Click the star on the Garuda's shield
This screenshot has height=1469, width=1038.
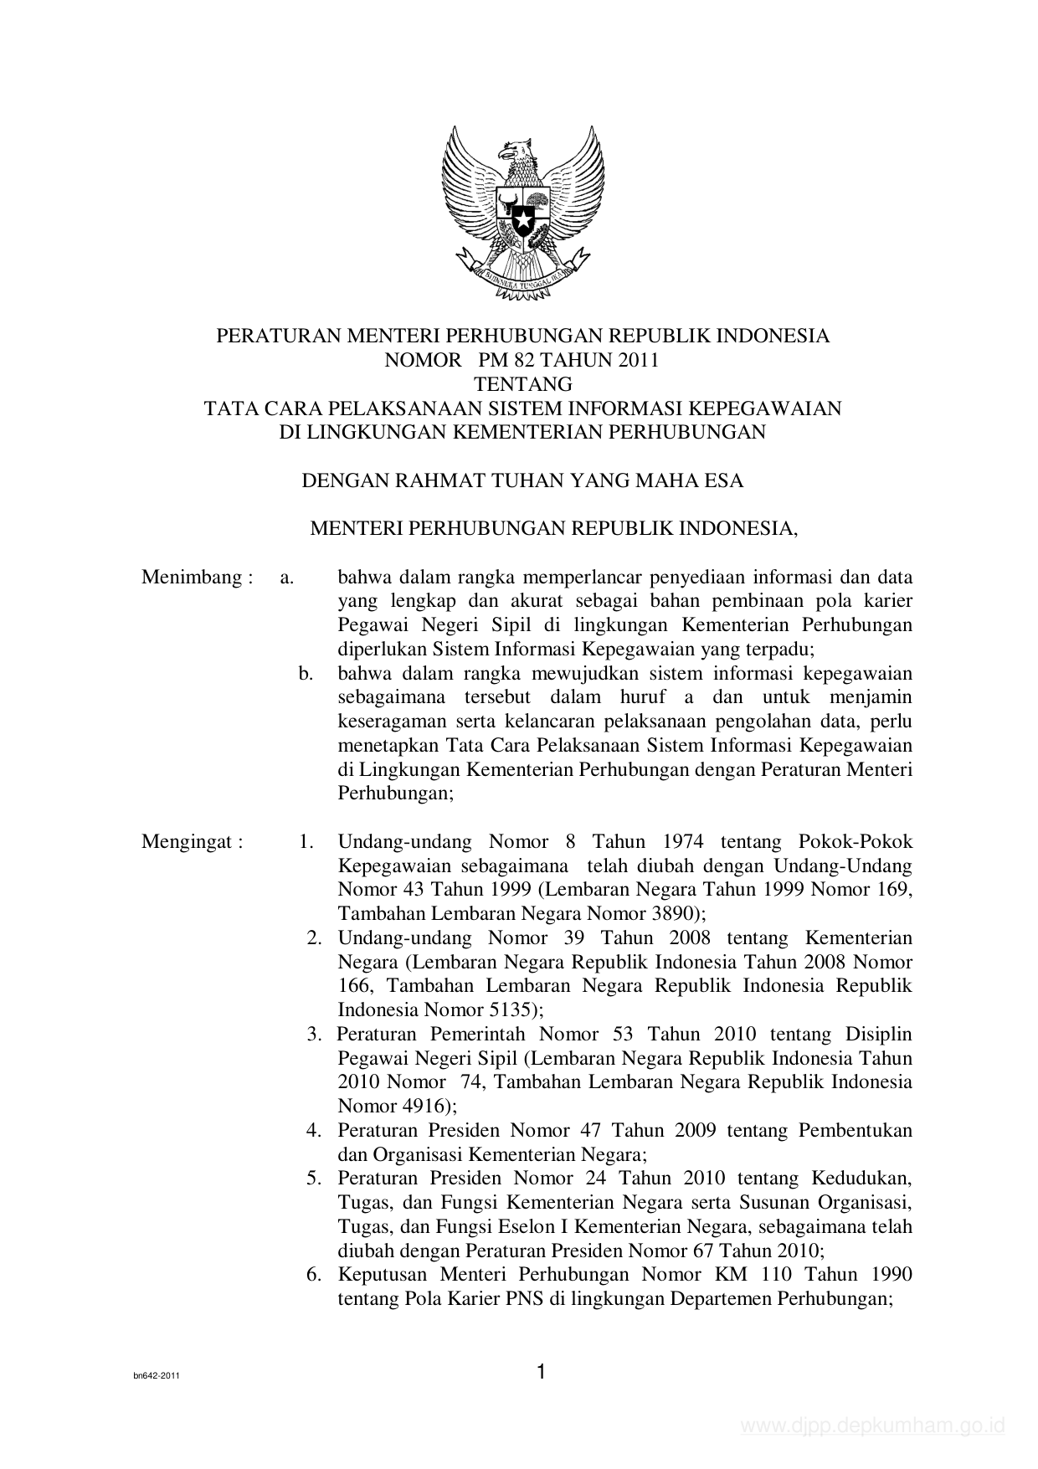coord(523,222)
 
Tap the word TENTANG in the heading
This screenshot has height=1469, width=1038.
coord(523,384)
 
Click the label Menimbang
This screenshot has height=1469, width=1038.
coord(192,578)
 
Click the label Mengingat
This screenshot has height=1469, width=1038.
coord(192,842)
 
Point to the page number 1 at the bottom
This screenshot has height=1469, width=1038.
coord(541,1371)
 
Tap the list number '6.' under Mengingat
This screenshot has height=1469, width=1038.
coord(314,1275)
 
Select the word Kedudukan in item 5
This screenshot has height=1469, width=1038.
coord(861,1179)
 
